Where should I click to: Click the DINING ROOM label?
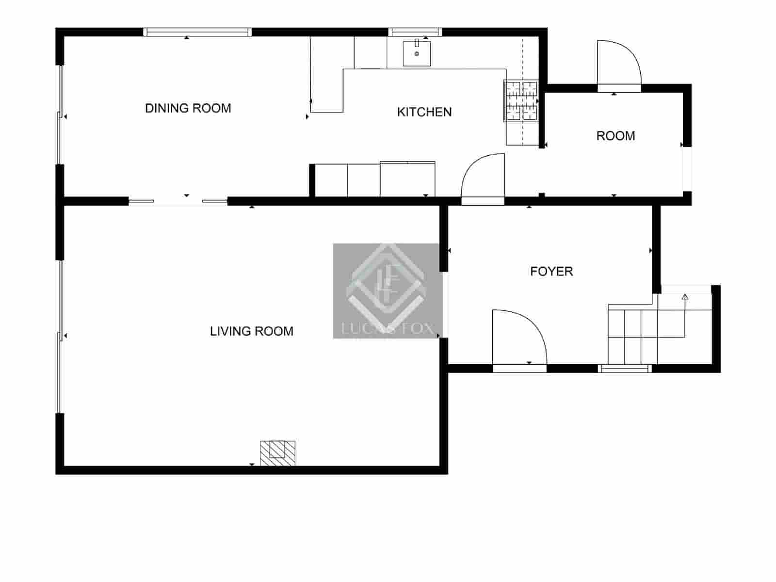coord(188,108)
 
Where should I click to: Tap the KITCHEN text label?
coord(424,112)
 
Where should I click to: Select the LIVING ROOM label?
coord(252,331)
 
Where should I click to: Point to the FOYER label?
coord(551,271)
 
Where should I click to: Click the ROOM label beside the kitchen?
coord(615,136)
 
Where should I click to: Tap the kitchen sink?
coord(417,53)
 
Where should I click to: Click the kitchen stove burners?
coord(521,101)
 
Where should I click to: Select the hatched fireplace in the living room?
coord(277,453)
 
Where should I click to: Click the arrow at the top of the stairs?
coord(685,297)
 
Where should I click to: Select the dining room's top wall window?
coord(197,32)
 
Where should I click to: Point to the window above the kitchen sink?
coord(415,32)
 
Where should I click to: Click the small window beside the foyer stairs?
coord(625,369)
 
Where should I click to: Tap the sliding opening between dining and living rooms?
coord(178,201)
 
